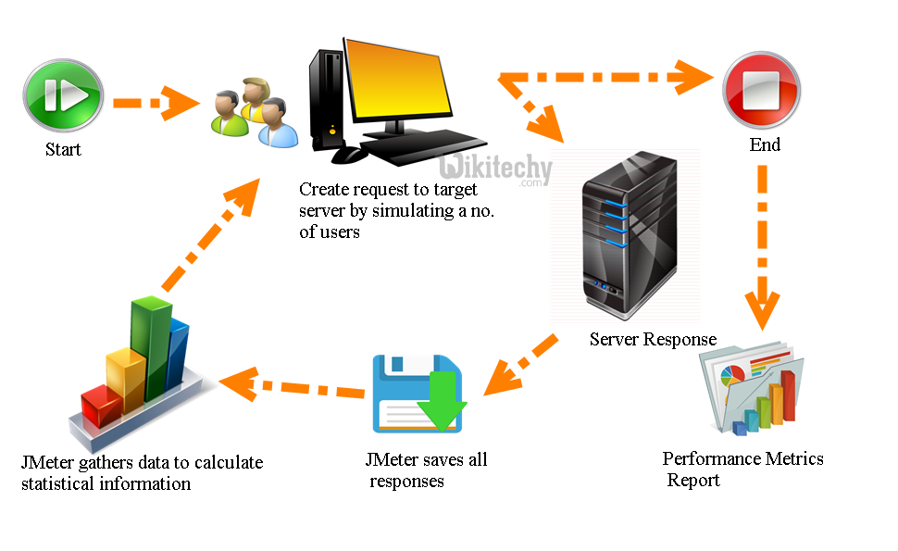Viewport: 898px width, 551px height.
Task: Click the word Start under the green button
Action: click(x=63, y=149)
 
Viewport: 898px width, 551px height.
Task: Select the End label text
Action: click(x=765, y=144)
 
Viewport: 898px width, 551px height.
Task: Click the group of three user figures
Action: click(x=252, y=113)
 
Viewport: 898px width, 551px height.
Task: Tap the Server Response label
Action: click(x=653, y=339)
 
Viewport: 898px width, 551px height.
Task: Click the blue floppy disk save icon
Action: click(x=417, y=393)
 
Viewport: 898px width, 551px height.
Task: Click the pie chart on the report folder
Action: click(x=732, y=375)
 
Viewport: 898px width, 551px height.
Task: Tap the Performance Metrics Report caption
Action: click(x=742, y=469)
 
